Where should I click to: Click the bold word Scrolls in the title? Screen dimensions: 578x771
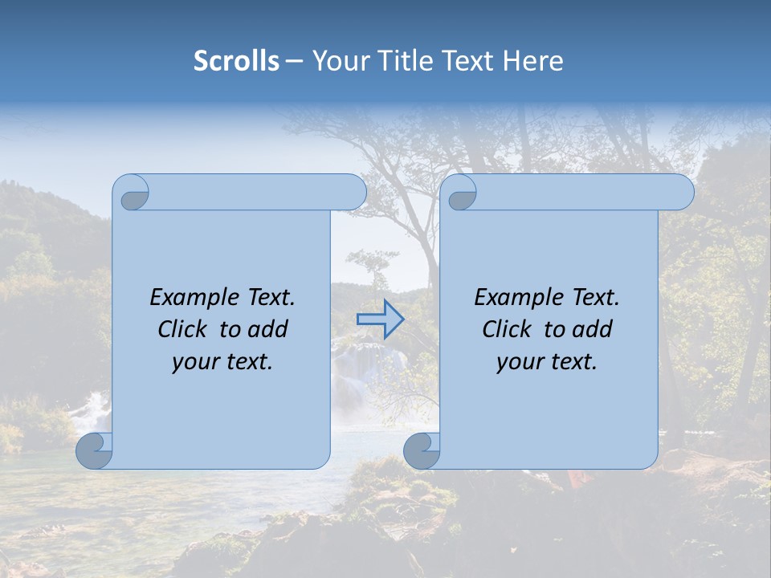click(236, 61)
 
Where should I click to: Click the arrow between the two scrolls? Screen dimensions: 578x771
click(380, 320)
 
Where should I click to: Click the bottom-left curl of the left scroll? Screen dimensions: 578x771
click(95, 450)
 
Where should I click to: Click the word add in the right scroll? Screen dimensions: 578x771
click(593, 329)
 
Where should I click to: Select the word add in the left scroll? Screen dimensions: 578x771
click(268, 329)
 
